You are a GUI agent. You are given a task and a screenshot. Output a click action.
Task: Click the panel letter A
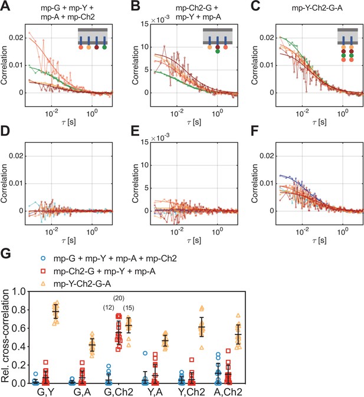tap(5, 5)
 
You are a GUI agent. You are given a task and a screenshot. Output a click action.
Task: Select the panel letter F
tap(255, 131)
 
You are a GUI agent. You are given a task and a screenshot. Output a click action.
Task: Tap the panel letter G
tap(6, 253)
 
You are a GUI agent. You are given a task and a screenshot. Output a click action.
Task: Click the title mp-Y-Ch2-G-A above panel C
tap(317, 8)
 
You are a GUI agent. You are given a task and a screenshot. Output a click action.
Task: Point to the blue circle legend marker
tap(43, 258)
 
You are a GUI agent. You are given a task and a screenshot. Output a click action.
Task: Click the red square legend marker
tap(43, 271)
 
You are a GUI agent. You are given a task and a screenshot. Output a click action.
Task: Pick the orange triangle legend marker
tap(43, 284)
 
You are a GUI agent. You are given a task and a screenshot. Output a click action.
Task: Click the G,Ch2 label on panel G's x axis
tap(119, 392)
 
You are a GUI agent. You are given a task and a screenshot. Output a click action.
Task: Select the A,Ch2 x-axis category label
tap(228, 392)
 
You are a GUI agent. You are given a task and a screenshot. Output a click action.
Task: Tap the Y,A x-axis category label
tap(155, 392)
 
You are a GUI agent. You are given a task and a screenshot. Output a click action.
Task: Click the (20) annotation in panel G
tap(119, 298)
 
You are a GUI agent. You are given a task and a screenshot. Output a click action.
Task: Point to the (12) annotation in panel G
tap(109, 308)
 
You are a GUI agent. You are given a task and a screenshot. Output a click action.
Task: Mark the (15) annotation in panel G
tap(129, 308)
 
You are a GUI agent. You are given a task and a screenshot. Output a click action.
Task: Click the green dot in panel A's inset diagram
tap(104, 47)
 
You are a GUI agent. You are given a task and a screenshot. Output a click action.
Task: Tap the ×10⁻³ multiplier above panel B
tap(160, 19)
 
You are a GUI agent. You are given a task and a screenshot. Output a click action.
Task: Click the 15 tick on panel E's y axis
tap(145, 142)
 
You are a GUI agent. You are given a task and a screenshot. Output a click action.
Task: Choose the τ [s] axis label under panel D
tap(68, 240)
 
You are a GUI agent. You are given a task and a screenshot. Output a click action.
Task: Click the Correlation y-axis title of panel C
tap(255, 65)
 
